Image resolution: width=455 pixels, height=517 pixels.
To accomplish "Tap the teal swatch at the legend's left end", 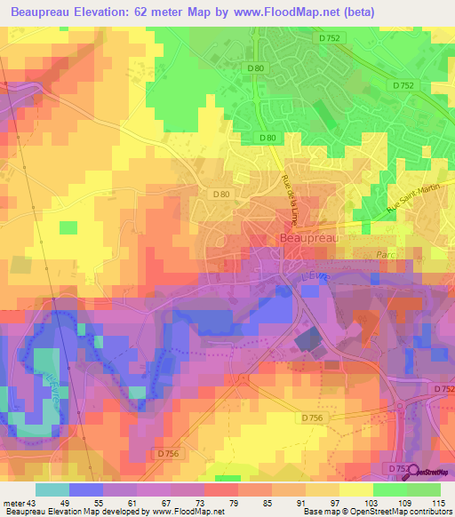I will (52, 489).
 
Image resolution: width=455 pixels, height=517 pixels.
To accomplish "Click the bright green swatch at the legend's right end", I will (423, 489).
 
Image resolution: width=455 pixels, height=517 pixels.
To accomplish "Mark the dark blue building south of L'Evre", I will (307, 340).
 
